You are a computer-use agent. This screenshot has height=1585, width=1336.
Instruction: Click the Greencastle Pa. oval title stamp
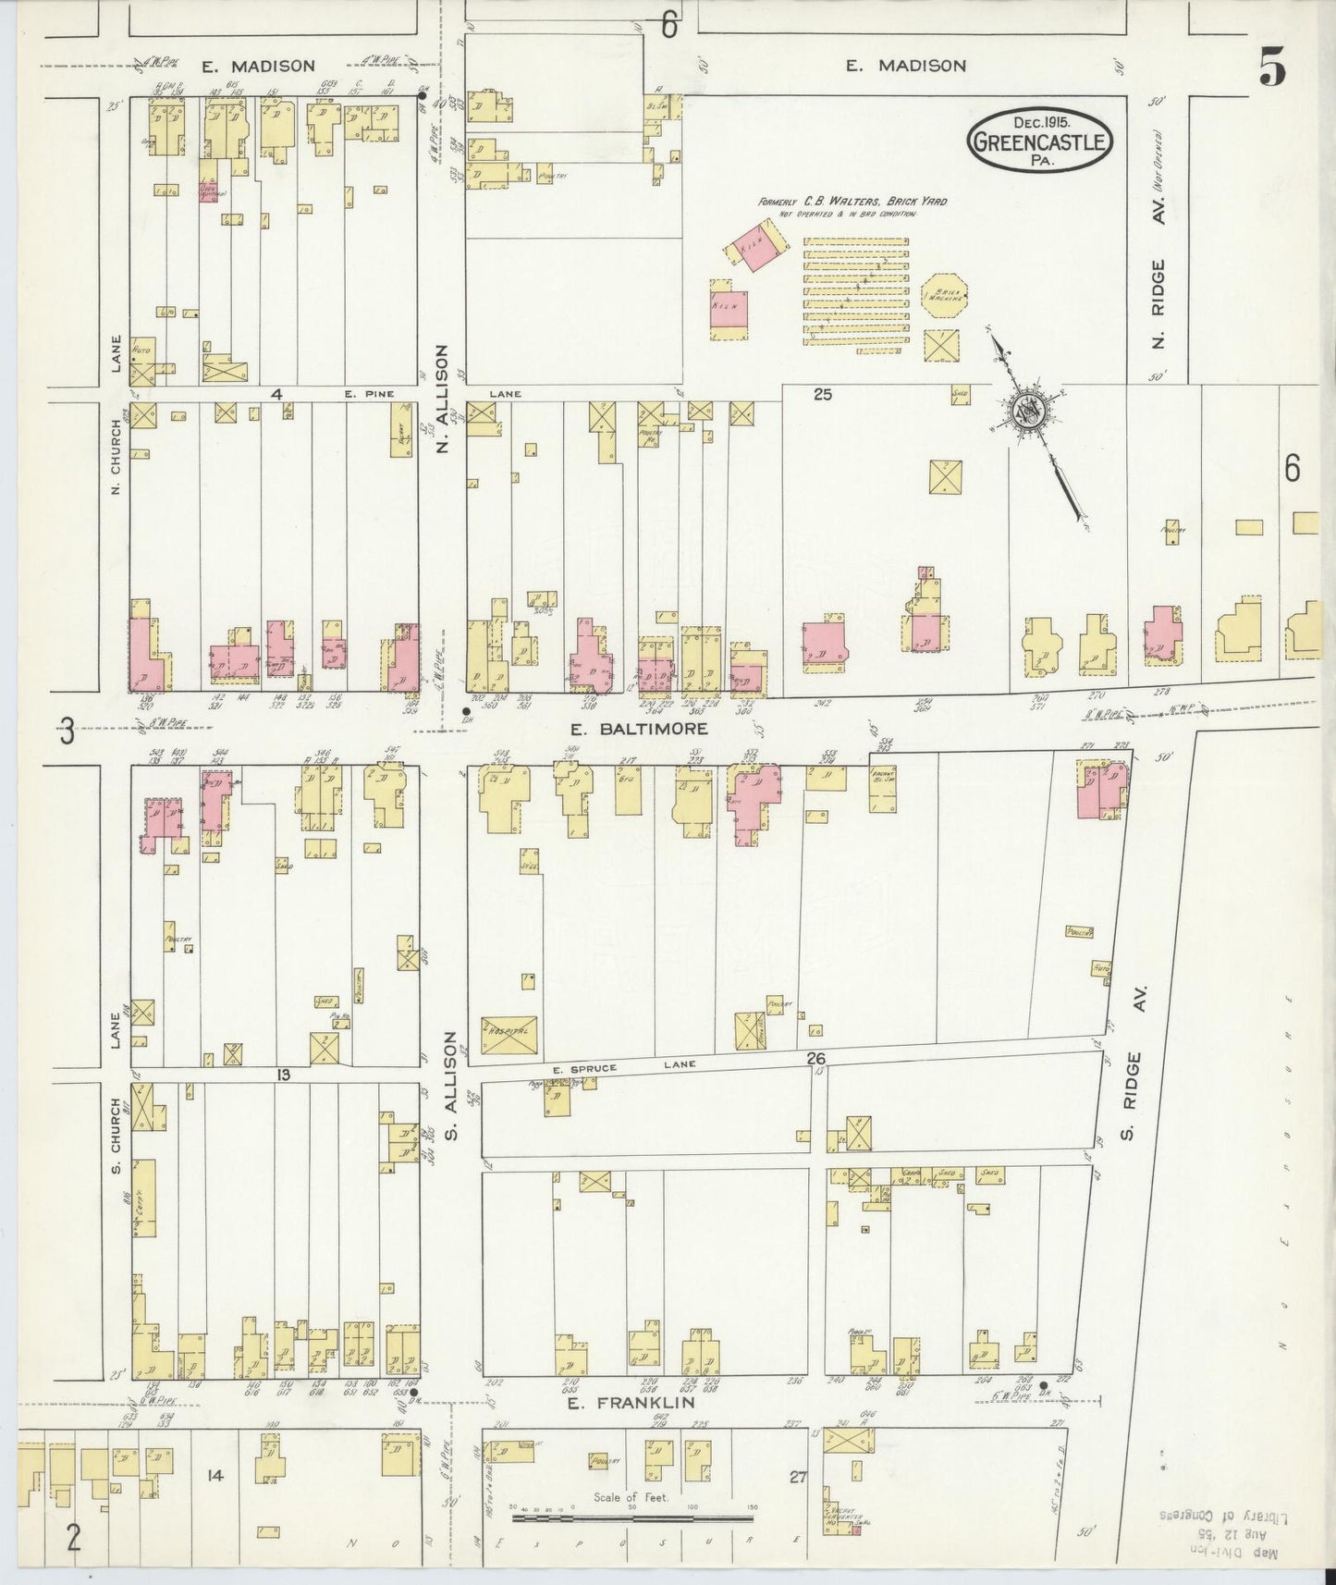click(x=1040, y=141)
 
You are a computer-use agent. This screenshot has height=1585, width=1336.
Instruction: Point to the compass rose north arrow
click(x=1032, y=414)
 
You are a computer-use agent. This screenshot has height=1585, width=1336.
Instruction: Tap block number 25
click(x=822, y=395)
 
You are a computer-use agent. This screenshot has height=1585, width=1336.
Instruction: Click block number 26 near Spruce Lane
click(x=815, y=1058)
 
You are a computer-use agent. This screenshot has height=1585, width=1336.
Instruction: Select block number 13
click(x=283, y=1075)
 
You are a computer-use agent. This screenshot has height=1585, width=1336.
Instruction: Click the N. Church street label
click(x=116, y=457)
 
